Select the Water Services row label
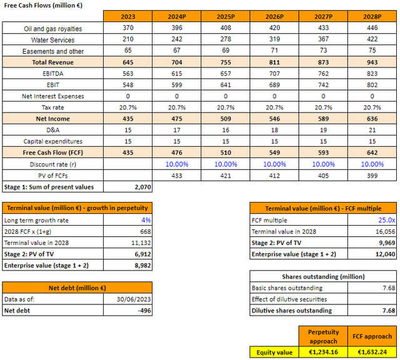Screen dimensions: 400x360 (x=44, y=40)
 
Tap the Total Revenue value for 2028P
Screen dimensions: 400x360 (x=372, y=62)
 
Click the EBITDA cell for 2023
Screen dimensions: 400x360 (x=127, y=74)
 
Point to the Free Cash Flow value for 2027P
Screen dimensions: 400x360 (x=322, y=152)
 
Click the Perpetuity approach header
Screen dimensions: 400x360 (x=323, y=336)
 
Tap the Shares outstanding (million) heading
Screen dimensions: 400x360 (x=323, y=276)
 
